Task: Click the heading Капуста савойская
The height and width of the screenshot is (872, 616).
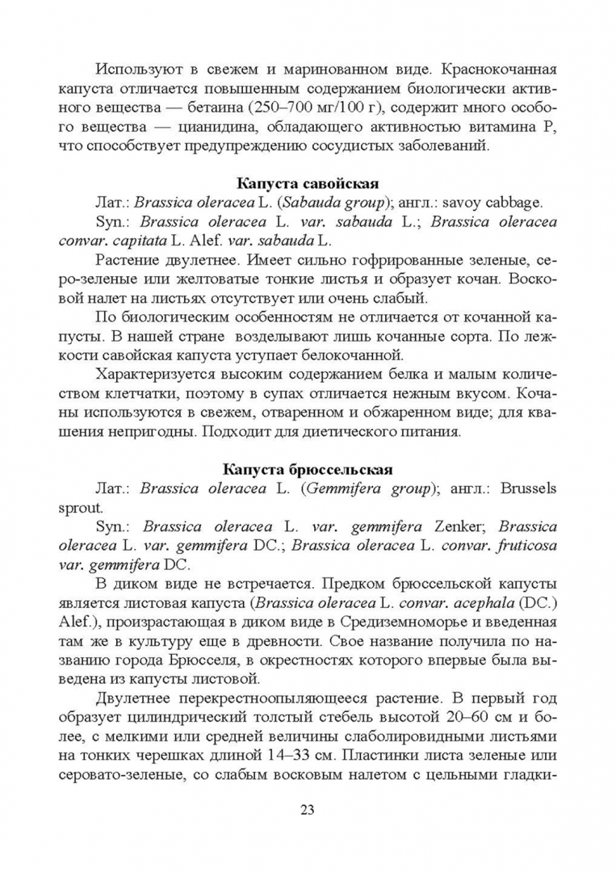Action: tap(308, 182)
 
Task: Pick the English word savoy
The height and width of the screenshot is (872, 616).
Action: tap(476, 202)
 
